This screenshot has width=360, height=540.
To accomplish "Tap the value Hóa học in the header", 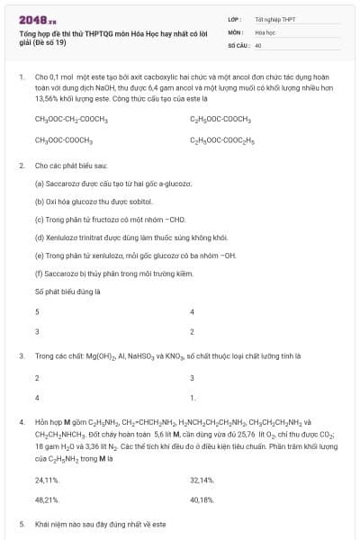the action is click(265, 31).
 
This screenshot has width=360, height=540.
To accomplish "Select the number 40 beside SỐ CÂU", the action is click(258, 43).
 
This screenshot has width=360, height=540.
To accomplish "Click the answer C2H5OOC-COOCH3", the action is click(220, 119).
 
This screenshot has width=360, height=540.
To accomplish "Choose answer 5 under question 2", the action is click(37, 311).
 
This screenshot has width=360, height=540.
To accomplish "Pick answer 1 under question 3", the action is click(193, 397).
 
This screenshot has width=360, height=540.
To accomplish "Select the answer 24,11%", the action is click(47, 480).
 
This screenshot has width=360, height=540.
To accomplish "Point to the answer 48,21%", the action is click(47, 499).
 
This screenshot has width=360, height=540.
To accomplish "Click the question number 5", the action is click(22, 523).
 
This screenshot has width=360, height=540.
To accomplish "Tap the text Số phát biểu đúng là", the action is click(67, 292).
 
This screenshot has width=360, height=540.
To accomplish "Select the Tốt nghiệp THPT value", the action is click(275, 18).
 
